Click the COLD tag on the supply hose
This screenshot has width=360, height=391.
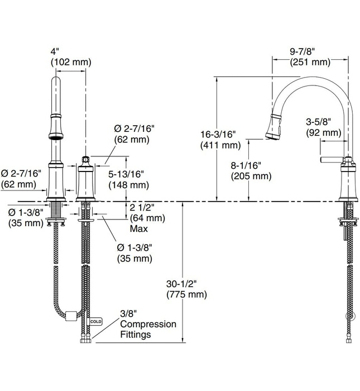(95, 322)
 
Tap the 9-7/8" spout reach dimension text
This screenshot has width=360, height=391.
(302, 52)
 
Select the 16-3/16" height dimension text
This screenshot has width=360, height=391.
(218, 135)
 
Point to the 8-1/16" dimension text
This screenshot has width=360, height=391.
(246, 165)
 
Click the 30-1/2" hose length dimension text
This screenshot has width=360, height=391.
(181, 284)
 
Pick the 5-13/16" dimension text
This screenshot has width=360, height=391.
(126, 174)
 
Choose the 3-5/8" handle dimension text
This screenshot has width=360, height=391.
(318, 122)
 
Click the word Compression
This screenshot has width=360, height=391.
(148, 324)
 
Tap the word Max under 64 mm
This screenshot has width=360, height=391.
(139, 228)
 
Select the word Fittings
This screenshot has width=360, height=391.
(136, 334)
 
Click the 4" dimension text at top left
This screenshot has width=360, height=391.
(55, 51)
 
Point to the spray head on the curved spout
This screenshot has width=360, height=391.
(274, 126)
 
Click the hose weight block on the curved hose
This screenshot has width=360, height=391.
(71, 316)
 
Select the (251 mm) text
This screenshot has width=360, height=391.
(310, 62)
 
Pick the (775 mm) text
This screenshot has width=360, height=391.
(186, 294)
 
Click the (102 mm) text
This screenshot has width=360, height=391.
(71, 62)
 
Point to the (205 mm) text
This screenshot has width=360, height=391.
(251, 176)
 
